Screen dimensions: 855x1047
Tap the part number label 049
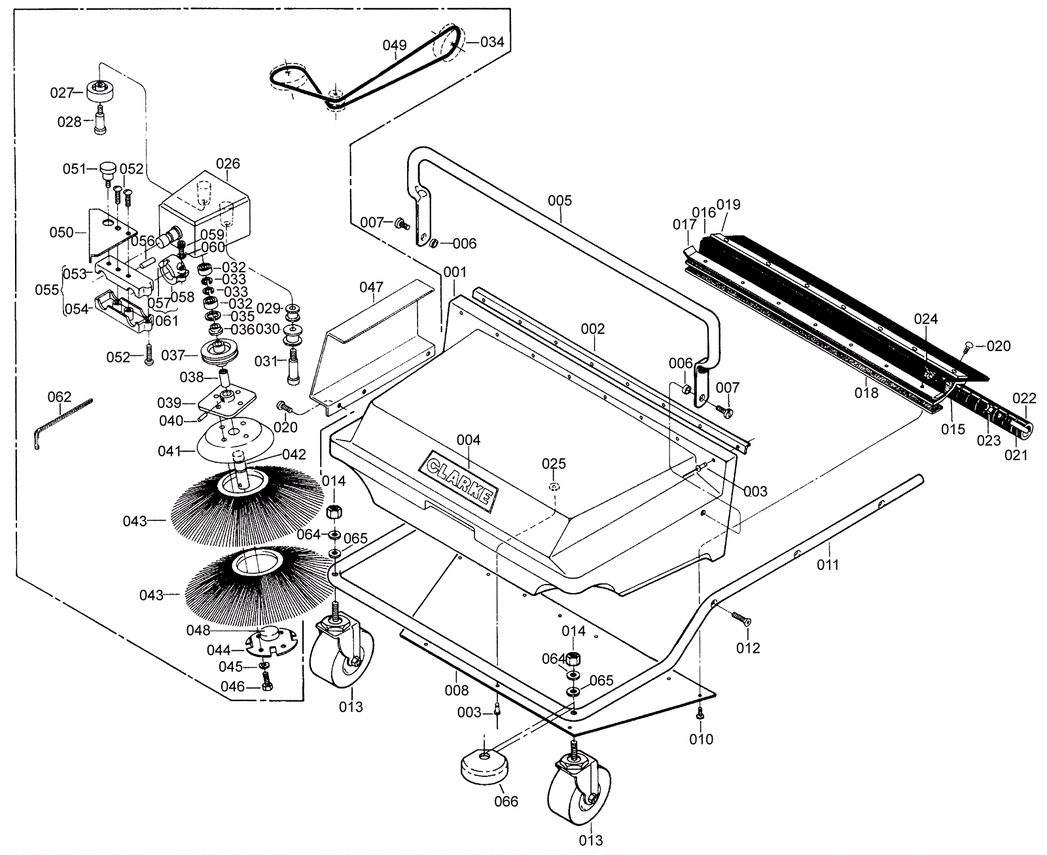click(x=395, y=45)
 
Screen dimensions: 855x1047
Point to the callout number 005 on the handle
click(x=559, y=200)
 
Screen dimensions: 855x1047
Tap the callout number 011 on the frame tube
click(x=827, y=564)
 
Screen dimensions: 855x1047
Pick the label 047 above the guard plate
click(x=371, y=287)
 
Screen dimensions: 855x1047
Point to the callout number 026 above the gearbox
click(x=228, y=164)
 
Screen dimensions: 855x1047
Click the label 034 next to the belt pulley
click(x=492, y=42)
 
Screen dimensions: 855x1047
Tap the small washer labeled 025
click(x=554, y=486)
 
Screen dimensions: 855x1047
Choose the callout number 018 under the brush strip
click(x=866, y=393)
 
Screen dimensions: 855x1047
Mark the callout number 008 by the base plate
click(x=457, y=690)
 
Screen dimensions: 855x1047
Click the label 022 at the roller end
click(x=1024, y=399)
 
